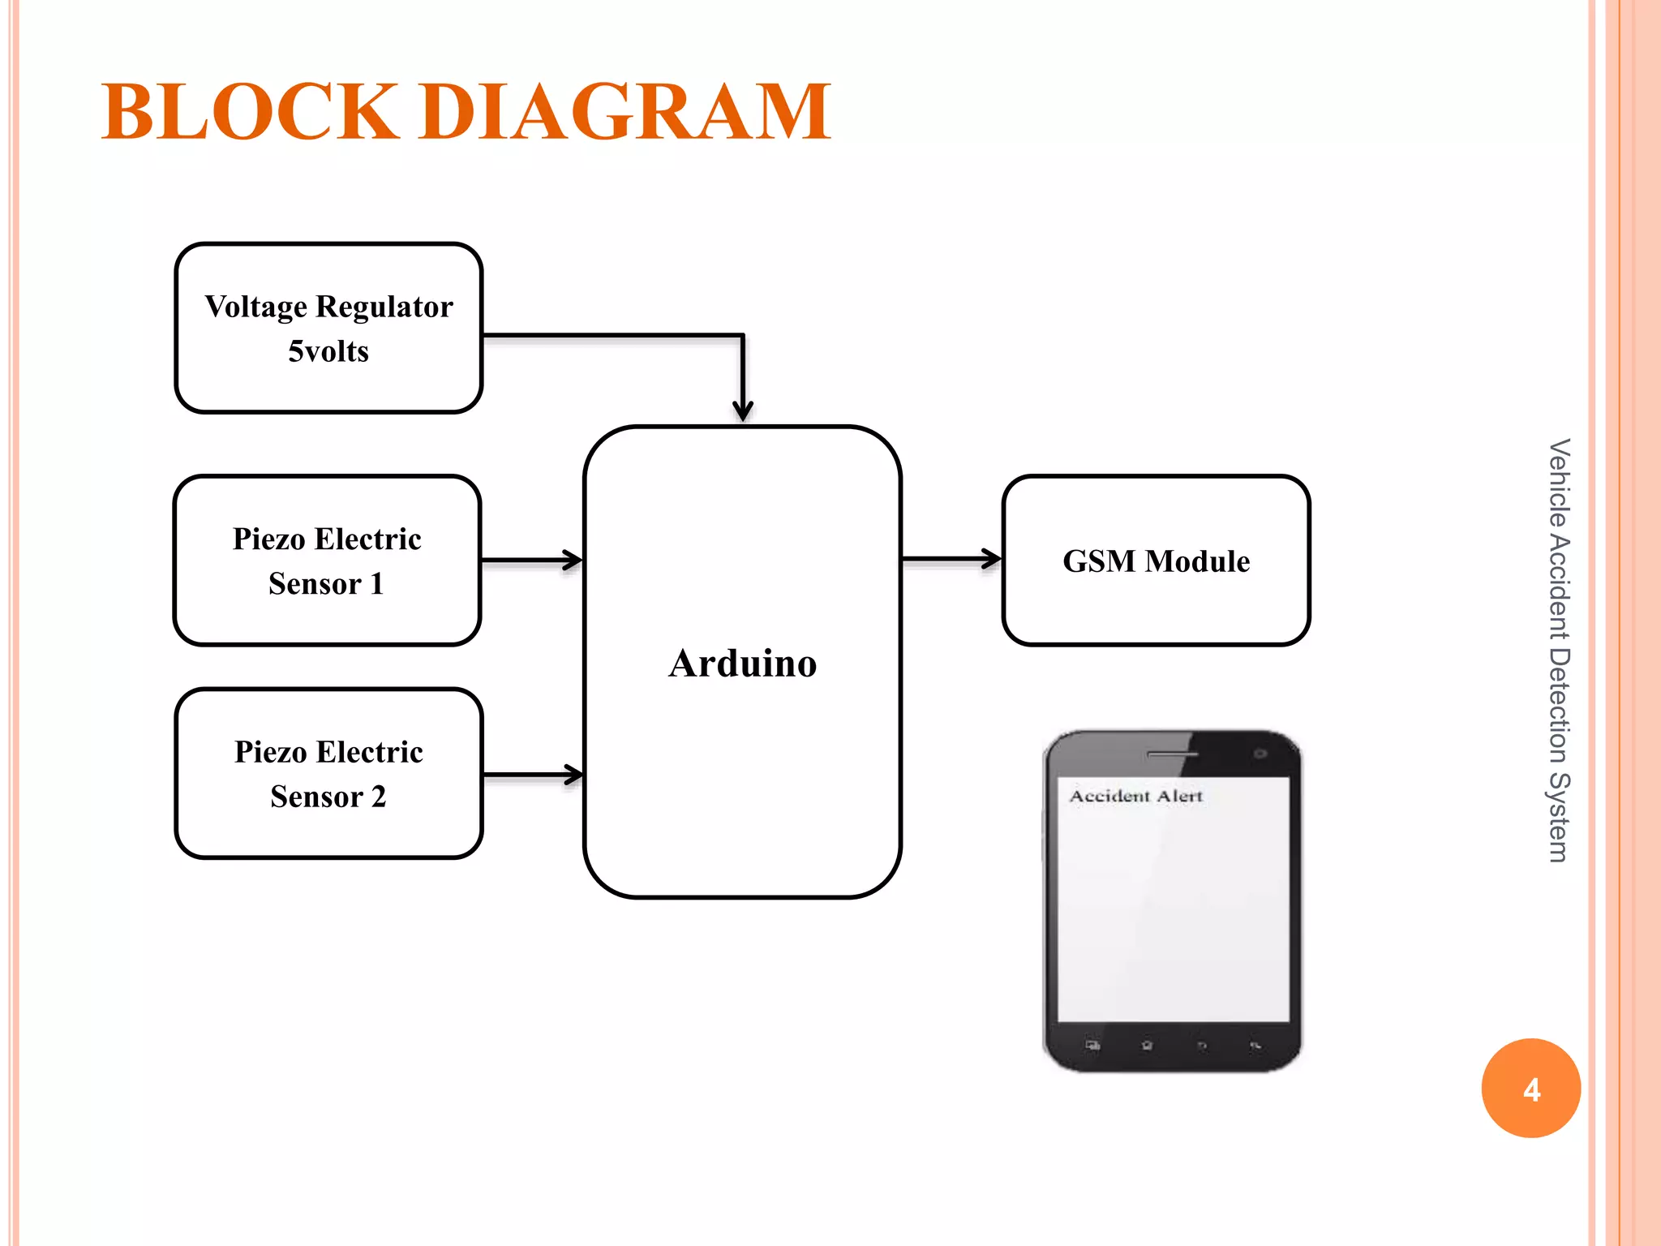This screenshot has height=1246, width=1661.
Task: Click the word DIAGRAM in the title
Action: click(625, 112)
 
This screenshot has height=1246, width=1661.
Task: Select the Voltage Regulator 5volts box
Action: click(328, 328)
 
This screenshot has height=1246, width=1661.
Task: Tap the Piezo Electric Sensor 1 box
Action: click(327, 561)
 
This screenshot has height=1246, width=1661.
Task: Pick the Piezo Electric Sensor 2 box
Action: click(328, 773)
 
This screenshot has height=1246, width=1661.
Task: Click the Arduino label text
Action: click(742, 664)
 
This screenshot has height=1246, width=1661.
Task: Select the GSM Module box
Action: click(1156, 561)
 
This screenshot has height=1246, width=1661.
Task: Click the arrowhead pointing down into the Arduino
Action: click(742, 410)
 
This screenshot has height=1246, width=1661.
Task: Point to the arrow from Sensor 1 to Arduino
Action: click(531, 560)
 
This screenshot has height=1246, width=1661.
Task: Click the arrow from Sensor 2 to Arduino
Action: click(532, 775)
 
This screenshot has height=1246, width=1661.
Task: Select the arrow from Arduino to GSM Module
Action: click(951, 559)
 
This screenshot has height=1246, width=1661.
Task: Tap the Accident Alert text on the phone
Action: click(1135, 796)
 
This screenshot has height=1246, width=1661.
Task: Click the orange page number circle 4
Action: click(1530, 1088)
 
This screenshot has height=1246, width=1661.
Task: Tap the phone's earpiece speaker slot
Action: click(1171, 754)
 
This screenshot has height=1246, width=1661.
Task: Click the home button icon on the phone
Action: click(1147, 1046)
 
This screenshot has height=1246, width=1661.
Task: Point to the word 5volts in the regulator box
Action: click(328, 351)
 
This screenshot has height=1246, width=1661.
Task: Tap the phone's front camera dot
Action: click(1260, 754)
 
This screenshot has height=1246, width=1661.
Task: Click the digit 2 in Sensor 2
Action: click(378, 797)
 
